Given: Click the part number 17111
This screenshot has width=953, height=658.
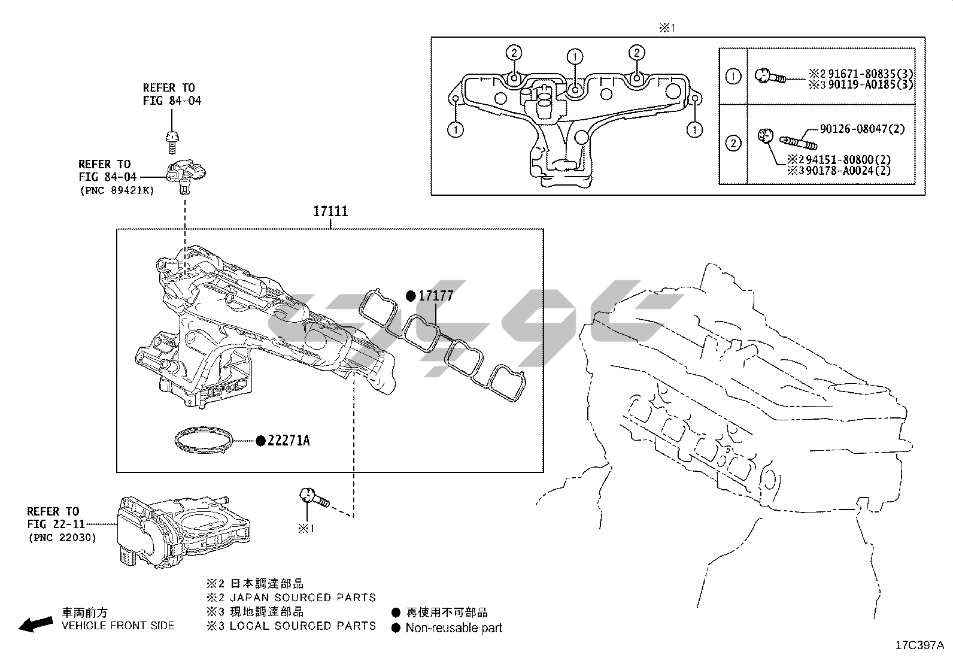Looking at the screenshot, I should (330, 211).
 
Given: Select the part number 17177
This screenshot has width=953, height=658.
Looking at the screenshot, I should (435, 296).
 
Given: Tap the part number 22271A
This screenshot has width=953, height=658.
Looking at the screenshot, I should (289, 441).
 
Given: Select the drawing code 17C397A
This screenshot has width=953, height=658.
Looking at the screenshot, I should (919, 645).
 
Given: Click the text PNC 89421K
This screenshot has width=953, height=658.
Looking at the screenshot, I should (117, 190).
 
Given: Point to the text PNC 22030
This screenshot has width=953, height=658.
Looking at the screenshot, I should (62, 537).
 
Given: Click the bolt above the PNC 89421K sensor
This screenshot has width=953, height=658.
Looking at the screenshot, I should (172, 141).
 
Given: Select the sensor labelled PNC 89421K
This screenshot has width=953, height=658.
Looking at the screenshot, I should (186, 175).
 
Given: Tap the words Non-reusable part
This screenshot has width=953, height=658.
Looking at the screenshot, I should (454, 628).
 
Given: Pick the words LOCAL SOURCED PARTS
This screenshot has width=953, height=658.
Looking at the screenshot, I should (303, 626).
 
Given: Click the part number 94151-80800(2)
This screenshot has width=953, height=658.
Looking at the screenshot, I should (856, 160).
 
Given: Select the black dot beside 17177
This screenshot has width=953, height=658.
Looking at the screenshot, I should (411, 296).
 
